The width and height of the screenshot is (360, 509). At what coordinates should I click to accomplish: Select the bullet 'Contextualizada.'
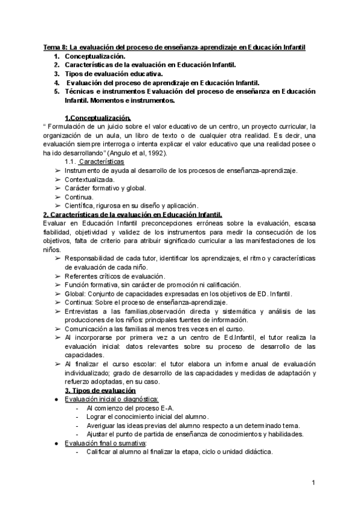pos(89,179)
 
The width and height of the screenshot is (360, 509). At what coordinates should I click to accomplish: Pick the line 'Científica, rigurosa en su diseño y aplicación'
pos(131,205)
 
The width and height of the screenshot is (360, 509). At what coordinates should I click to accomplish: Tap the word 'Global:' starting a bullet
pos(75,294)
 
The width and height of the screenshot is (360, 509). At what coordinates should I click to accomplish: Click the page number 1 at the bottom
pos(314,482)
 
